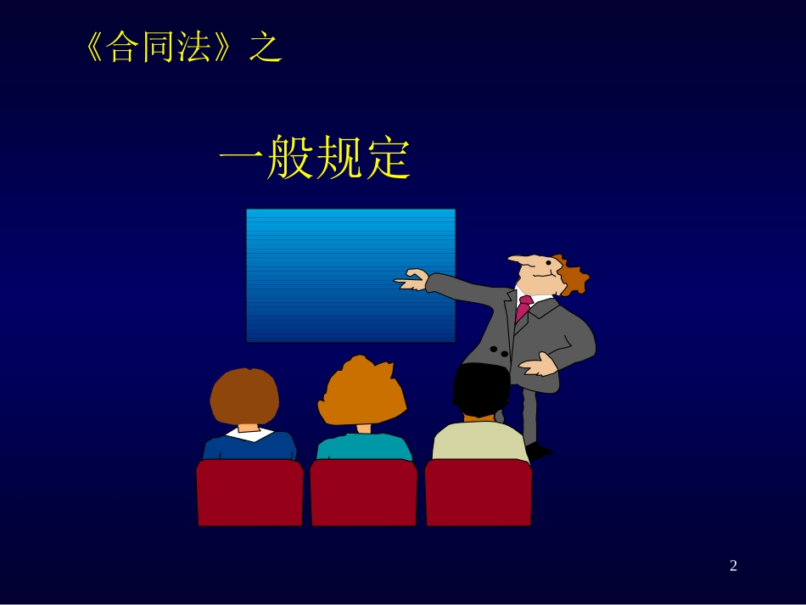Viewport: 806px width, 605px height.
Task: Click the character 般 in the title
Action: pos(290,159)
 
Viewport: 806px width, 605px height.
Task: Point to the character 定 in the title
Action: pos(388,159)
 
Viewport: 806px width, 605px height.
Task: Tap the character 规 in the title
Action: pos(339,159)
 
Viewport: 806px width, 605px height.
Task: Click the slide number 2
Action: pos(733,566)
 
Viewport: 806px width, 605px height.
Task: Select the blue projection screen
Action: pos(350,275)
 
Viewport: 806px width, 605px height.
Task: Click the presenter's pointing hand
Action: pos(412,279)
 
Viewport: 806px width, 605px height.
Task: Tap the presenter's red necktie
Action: pos(523,306)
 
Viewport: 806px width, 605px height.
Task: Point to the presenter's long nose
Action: pos(519,259)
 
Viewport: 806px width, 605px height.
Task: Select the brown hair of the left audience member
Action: pos(244,395)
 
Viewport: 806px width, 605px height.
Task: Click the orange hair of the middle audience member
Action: pos(362,392)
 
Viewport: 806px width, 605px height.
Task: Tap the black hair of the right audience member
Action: pos(480,389)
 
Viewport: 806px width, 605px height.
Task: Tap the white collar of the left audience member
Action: pos(249,434)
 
